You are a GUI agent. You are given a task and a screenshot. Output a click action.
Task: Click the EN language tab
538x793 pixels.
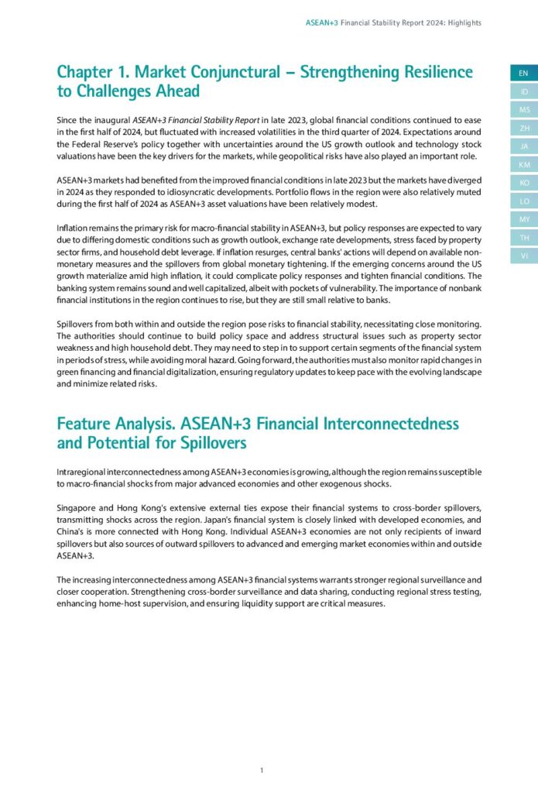[523, 74]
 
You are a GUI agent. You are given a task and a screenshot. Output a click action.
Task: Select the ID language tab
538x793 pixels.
[523, 92]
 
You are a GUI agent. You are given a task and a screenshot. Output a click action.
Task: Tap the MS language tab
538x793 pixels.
[523, 110]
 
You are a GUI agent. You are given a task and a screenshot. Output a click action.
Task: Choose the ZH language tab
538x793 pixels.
[523, 128]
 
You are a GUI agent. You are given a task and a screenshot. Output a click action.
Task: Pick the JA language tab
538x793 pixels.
[523, 146]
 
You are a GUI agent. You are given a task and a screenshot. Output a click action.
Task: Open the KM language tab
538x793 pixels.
[523, 164]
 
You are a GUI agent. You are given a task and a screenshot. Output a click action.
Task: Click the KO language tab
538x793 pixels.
[523, 182]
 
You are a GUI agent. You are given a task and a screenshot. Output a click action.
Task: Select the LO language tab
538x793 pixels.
[523, 201]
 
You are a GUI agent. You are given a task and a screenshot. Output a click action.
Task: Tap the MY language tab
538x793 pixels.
[523, 218]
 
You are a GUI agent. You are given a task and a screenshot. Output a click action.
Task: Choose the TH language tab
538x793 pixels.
[523, 237]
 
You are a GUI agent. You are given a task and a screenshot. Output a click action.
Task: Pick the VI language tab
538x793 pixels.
[523, 255]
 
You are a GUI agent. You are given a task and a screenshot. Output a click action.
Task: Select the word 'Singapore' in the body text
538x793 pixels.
[77, 493]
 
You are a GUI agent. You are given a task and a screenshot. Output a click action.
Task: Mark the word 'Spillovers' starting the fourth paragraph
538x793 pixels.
[78, 324]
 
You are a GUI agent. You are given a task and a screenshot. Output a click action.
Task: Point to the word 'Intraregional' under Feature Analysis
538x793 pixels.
[84, 472]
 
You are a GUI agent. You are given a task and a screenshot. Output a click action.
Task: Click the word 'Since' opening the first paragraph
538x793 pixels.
[67, 120]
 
